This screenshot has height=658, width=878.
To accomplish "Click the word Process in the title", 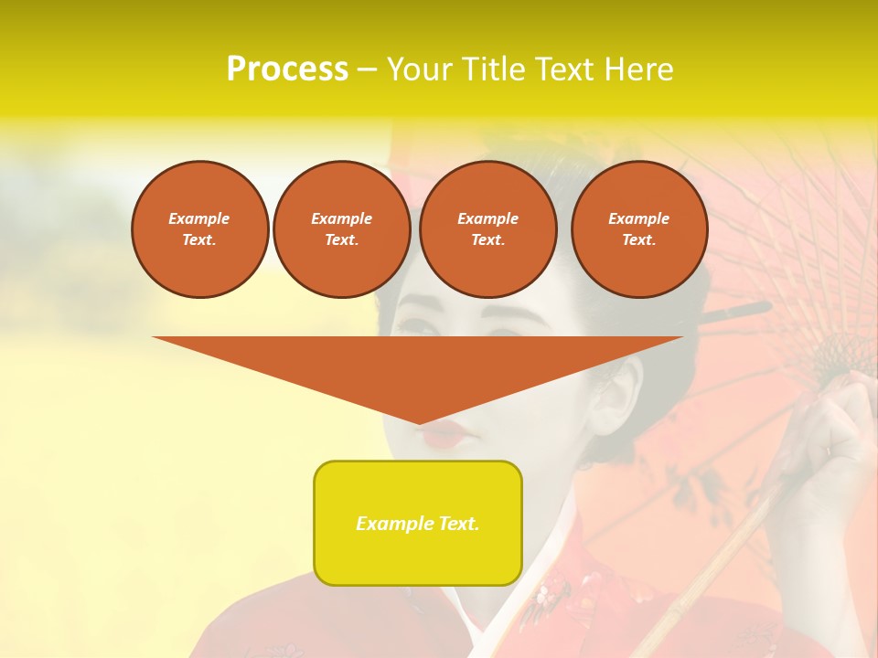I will [x=287, y=69].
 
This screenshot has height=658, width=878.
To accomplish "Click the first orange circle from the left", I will [x=199, y=229].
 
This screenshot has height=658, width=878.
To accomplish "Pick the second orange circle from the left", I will [x=341, y=229].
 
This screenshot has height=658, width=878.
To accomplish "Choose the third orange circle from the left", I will [x=487, y=229].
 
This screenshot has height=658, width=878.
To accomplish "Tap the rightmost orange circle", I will [x=639, y=229].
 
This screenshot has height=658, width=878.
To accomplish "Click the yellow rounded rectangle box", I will [x=418, y=523].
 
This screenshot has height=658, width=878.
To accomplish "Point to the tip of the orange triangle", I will [x=419, y=423].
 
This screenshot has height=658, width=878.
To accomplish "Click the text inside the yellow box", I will [x=418, y=524].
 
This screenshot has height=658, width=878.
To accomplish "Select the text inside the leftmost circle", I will [x=199, y=229].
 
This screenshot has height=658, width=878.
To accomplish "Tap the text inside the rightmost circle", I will [x=639, y=229].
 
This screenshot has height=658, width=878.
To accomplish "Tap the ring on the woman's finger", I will [x=829, y=449].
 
